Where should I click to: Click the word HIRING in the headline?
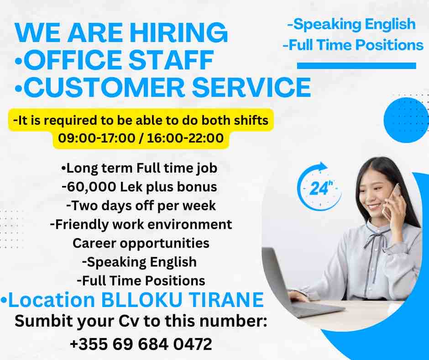click(x=178, y=32)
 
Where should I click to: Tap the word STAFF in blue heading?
click(x=171, y=60)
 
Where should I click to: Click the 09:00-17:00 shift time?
click(x=97, y=138)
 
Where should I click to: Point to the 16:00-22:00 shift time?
click(x=185, y=138)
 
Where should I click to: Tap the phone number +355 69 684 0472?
click(x=141, y=344)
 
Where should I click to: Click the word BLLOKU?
click(x=142, y=300)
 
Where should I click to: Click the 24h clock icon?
click(x=319, y=186)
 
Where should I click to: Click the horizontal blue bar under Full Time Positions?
click(x=356, y=66)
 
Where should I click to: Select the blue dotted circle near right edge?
click(x=406, y=120)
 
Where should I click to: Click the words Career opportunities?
click(x=141, y=244)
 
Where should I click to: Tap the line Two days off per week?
click(x=141, y=206)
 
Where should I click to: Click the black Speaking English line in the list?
click(x=139, y=262)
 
